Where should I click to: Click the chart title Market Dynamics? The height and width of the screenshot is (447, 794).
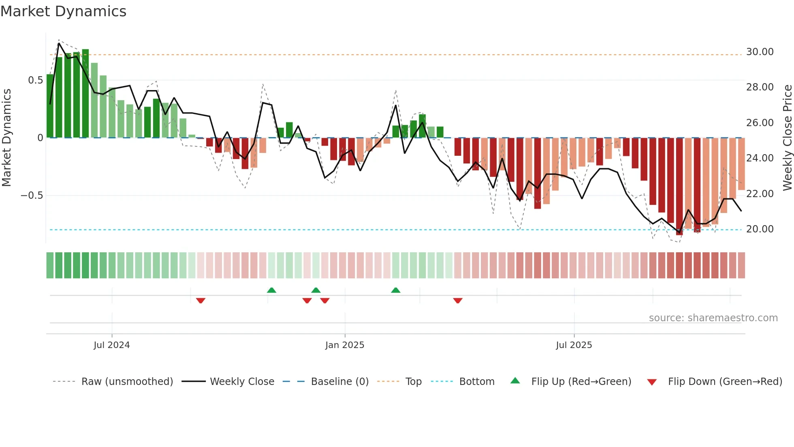(x=63, y=11)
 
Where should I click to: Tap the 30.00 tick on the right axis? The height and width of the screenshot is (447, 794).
(x=760, y=52)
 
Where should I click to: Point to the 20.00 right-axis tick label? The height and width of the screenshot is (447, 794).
(x=760, y=229)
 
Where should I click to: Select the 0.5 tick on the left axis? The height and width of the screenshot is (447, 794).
(x=35, y=80)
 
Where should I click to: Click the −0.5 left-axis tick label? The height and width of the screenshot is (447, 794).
(x=32, y=196)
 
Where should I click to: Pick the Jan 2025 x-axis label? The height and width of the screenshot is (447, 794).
(x=345, y=345)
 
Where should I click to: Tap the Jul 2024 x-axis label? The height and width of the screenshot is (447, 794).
(x=111, y=345)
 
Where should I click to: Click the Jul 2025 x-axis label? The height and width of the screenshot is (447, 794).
(x=574, y=345)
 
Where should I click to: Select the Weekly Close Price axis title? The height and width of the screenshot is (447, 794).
(x=787, y=138)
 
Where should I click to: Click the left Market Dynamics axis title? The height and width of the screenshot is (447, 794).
(x=6, y=138)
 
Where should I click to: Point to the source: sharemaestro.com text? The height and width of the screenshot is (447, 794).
(x=713, y=318)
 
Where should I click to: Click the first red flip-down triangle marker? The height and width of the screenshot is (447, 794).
(x=201, y=301)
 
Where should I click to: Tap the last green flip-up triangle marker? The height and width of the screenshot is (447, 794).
(x=396, y=290)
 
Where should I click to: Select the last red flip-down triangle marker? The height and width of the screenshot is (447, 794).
(x=458, y=301)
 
